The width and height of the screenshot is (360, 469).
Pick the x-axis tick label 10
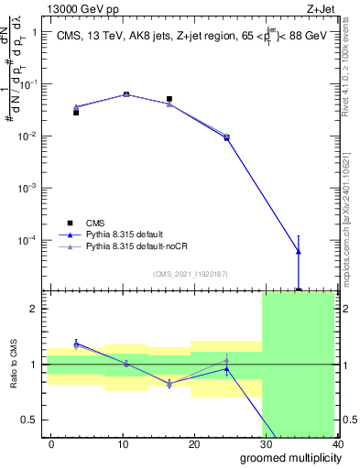pyautogui.click(x=123, y=443)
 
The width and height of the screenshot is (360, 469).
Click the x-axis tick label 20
pyautogui.click(x=194, y=443)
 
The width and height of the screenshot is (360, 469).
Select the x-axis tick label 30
pyautogui.click(x=266, y=443)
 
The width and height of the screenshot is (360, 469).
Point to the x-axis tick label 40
pyautogui.click(x=336, y=443)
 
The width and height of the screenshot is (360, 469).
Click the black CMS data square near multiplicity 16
pyautogui.click(x=169, y=99)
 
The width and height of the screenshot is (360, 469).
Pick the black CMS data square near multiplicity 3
pyautogui.click(x=76, y=113)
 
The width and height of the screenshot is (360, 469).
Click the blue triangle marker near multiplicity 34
pyautogui.click(x=299, y=251)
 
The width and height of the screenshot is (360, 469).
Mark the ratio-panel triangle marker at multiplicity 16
pyautogui.click(x=169, y=384)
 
